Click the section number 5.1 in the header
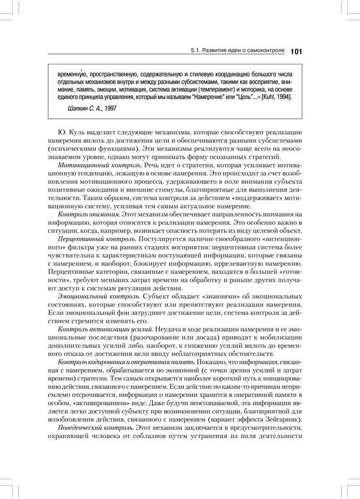pos(195,51)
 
